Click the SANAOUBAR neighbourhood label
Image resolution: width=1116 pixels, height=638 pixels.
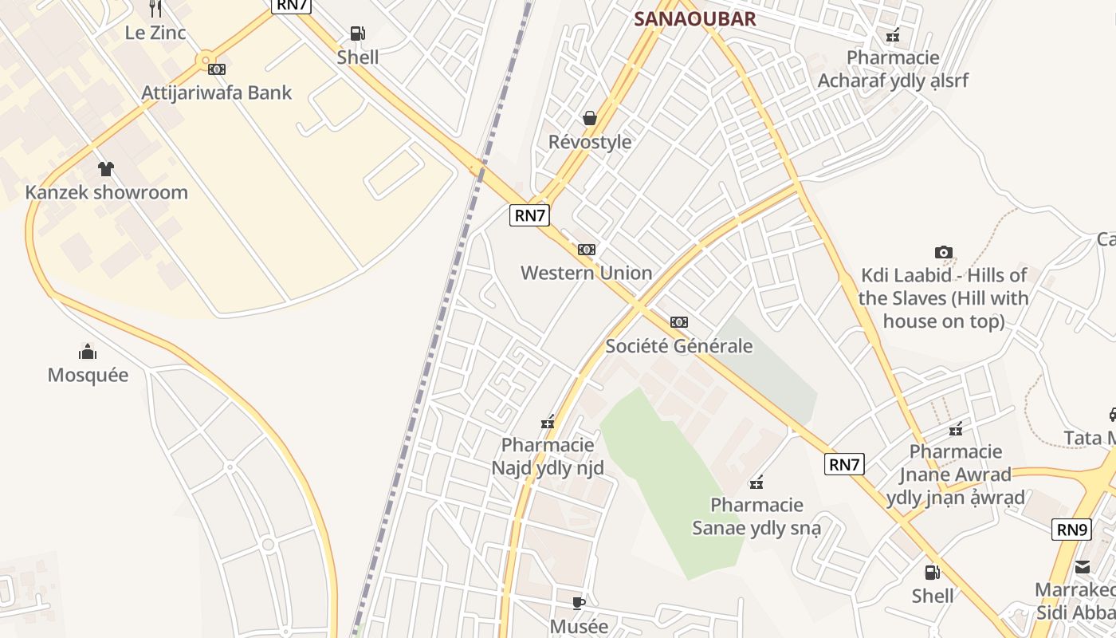coord(694,19)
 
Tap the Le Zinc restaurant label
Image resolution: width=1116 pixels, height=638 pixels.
coord(155,33)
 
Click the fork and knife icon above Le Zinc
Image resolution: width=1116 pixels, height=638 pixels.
coord(155,9)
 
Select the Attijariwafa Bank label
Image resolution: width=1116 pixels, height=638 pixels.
coord(217,93)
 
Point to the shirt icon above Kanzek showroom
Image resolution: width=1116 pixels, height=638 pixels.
coord(106,168)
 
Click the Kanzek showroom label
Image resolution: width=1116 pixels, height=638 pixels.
coord(106,192)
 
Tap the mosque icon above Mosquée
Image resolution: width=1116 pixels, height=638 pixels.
coord(88,351)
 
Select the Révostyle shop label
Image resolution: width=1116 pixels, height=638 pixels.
coord(590,142)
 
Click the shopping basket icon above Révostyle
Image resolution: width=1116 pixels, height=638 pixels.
coord(590,118)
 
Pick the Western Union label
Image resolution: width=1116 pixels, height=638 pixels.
coord(586,273)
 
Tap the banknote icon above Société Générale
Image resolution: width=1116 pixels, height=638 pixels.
coord(679,322)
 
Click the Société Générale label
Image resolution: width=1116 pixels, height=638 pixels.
coord(679,346)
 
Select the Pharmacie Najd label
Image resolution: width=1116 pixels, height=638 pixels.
coord(548,456)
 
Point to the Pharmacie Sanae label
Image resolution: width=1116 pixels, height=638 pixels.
coord(756,516)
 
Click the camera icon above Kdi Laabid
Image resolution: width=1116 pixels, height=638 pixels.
coord(944,253)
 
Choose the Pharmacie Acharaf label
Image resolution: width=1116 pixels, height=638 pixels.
coord(893,69)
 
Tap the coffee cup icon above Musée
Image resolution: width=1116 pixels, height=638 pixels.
coord(580,603)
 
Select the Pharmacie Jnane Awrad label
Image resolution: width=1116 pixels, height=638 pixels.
coord(955,475)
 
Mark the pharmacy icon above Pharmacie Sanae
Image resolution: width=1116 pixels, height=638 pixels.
coord(756,482)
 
